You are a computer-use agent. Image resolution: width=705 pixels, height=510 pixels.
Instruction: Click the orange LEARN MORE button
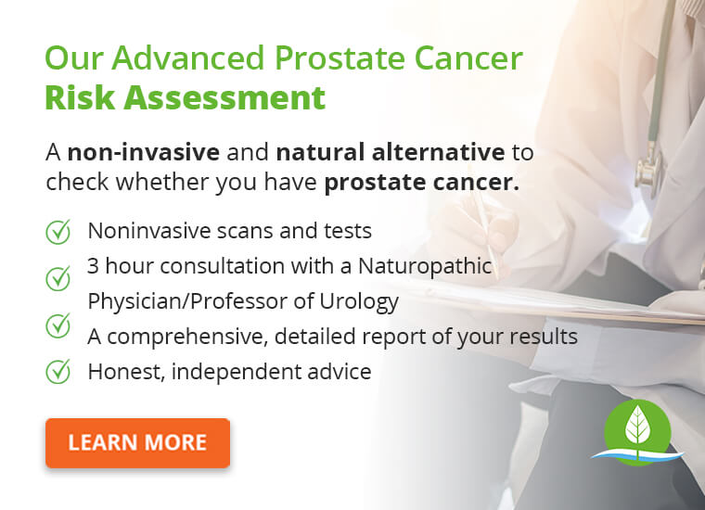(x=137, y=442)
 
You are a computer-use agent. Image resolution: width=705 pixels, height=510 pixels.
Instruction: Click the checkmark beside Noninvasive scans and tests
(x=58, y=231)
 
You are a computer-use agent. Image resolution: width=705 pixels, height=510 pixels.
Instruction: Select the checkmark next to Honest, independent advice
(x=58, y=372)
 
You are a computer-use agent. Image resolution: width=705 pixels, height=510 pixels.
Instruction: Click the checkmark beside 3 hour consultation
(x=58, y=277)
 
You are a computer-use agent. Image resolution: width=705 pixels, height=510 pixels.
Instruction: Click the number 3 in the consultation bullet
(x=93, y=266)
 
